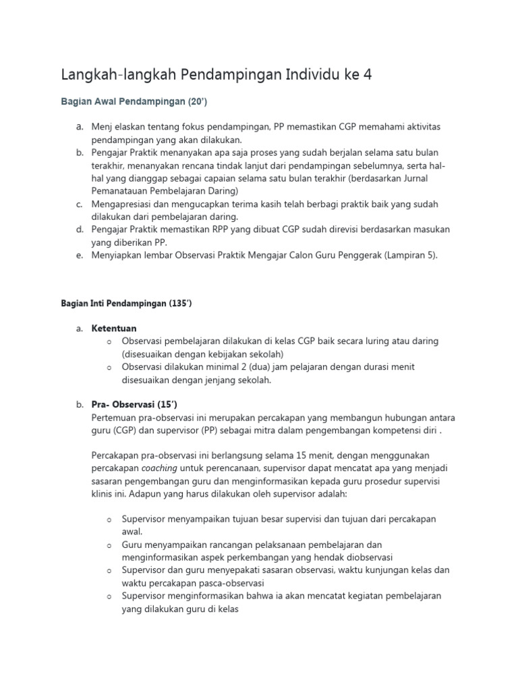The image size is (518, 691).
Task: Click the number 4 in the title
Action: pos(367,75)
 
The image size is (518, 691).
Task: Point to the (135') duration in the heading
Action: pos(178,304)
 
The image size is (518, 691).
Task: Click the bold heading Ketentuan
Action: pos(114,329)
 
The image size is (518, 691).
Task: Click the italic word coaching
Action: pos(161,468)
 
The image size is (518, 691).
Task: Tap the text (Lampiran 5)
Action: pos(409,256)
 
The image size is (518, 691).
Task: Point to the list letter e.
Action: pos(79,256)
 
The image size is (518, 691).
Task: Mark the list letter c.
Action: pos(79,204)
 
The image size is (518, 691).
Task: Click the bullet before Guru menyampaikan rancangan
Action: pos(108,545)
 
